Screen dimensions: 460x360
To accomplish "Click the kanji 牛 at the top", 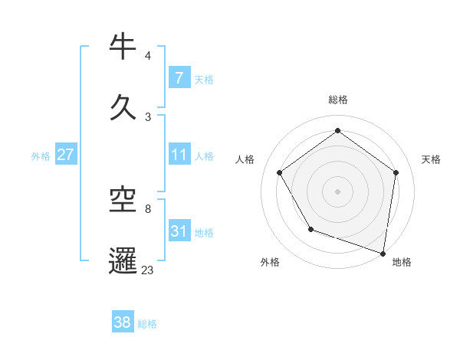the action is pos(123,47).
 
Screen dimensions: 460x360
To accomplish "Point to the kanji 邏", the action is pos(123,260).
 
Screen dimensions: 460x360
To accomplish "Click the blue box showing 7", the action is pos(179,78).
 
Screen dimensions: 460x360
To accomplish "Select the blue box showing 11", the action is pos(179,155).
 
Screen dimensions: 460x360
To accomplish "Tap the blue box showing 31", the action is pos(179,231).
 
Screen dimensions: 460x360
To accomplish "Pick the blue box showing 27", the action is pos(65,155).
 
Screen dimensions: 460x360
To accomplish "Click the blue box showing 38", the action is pos(123,322).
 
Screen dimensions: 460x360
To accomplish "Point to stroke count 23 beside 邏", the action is pos(147,270).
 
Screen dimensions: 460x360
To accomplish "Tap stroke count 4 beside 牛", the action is pos(147,56).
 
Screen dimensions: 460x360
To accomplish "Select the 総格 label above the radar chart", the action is pos(337,100).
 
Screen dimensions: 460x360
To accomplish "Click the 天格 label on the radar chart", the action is pos(431,159).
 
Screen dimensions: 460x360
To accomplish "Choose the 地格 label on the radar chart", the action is pos(402,263).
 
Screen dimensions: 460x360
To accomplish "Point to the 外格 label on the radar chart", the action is pos(270,263).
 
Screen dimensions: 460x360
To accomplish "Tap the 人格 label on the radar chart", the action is pos(245,159).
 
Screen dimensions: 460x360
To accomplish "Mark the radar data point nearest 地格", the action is pos(383,253).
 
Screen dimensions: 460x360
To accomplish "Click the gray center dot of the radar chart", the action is pos(337,191).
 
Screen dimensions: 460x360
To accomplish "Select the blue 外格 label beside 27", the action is pos(41,155).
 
